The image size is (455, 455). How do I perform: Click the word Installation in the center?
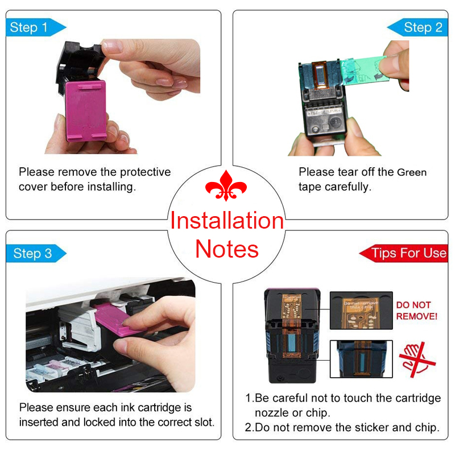pyautogui.click(x=227, y=221)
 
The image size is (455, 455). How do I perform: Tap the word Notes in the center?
pyautogui.click(x=227, y=249)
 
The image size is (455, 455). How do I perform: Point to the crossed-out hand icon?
pyautogui.click(x=417, y=357)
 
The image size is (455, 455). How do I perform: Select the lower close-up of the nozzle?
pyautogui.click(x=361, y=357)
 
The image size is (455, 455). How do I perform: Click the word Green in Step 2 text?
pyautogui.click(x=411, y=172)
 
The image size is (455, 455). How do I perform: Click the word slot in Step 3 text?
pyautogui.click(x=202, y=422)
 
